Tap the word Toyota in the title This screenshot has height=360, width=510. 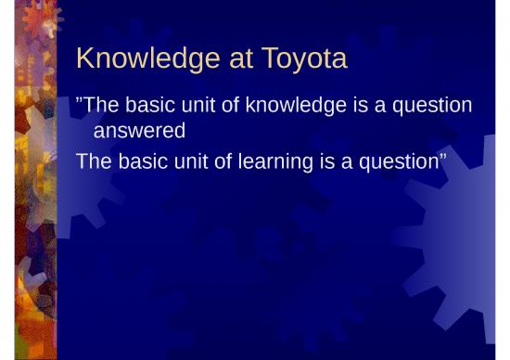303,60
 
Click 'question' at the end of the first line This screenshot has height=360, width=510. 431,105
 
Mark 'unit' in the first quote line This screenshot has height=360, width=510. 194,105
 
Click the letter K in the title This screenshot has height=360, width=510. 85,60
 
